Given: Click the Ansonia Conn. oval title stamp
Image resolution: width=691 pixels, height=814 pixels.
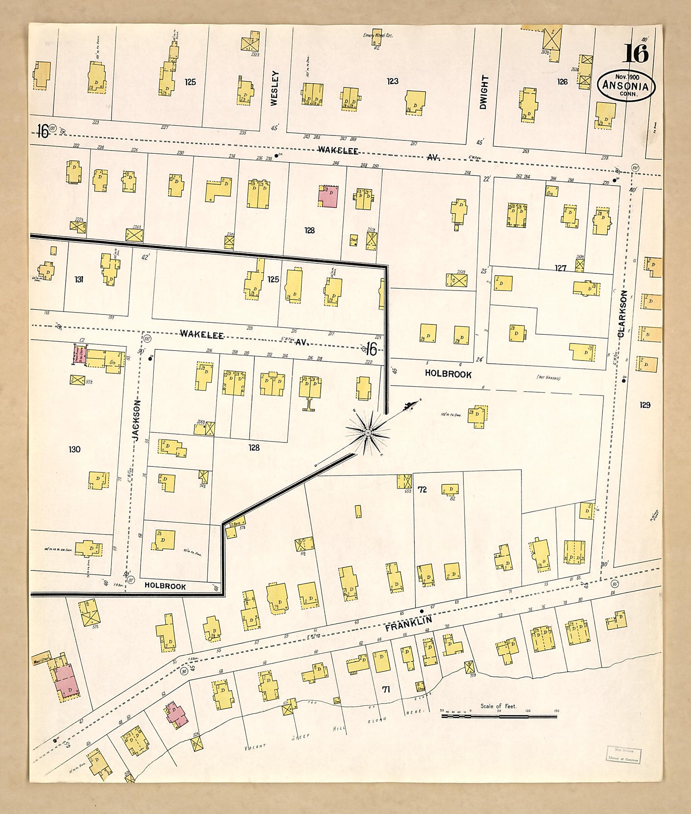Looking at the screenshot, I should coord(626,86).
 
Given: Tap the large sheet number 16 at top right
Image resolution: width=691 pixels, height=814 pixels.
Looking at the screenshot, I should coord(636,53).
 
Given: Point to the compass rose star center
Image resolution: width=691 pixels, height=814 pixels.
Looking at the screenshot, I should coord(368,433).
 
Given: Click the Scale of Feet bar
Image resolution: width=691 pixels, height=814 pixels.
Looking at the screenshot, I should coord(499,716).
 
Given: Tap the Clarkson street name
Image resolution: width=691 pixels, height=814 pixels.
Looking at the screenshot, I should coord(623,314).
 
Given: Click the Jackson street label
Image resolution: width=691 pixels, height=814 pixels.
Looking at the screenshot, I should coord(137,420).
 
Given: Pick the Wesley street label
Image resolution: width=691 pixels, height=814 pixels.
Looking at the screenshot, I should coord(275,88).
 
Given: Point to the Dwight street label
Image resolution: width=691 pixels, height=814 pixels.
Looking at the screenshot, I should coord(483,92).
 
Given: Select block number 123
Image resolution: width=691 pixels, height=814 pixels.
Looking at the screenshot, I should coord(392,81).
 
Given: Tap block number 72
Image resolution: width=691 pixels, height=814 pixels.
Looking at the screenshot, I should coord(422,490).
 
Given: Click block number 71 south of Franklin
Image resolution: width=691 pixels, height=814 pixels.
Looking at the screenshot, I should coord(386,689).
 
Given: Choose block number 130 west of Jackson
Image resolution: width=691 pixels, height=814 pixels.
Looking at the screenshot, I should coord(74,449).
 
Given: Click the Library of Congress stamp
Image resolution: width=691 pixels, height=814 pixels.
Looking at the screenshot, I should coord(622,755).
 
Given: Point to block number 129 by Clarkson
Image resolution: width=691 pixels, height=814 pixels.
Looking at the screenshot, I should coord(644,405).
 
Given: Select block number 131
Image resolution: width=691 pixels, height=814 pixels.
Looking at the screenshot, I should coord(79,279).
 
